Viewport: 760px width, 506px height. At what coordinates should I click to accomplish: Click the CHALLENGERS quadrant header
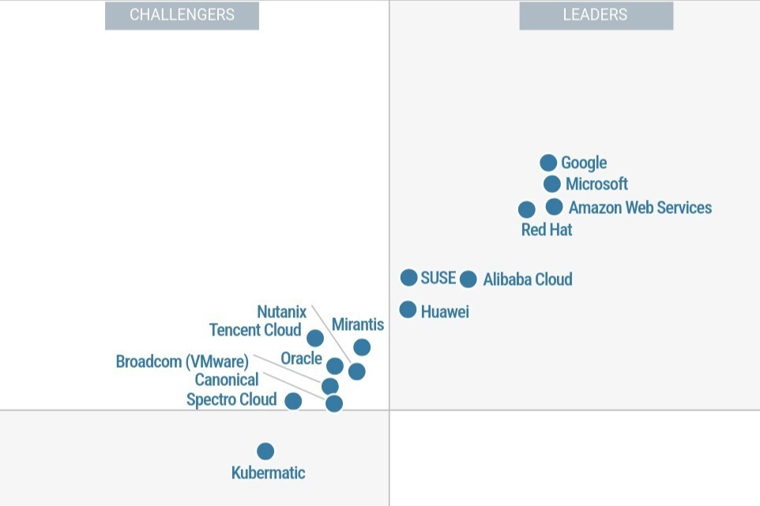click(x=182, y=15)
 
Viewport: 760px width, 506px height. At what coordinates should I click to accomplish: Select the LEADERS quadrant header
click(x=596, y=15)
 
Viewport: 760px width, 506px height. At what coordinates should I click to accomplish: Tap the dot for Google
click(x=548, y=163)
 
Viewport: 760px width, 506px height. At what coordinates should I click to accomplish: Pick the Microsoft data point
click(x=552, y=184)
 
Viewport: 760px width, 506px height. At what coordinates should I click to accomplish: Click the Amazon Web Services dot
click(x=555, y=207)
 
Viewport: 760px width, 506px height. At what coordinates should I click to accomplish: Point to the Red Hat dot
click(x=527, y=209)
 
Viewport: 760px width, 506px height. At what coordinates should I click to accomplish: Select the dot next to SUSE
click(x=408, y=277)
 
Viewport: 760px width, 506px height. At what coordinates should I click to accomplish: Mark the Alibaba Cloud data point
click(x=468, y=279)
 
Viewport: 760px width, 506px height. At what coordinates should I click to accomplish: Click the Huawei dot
click(x=408, y=309)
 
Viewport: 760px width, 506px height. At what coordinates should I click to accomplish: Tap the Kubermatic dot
click(x=265, y=451)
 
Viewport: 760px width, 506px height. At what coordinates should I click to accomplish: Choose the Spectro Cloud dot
click(x=293, y=401)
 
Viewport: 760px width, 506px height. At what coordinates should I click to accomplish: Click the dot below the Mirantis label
click(x=362, y=347)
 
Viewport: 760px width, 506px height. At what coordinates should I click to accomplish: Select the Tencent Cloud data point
click(x=315, y=338)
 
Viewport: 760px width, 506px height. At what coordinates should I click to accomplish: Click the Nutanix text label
click(x=281, y=312)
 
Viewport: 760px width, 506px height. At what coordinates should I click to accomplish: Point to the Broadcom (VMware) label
click(x=182, y=362)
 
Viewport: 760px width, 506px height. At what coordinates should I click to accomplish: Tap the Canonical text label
click(x=227, y=380)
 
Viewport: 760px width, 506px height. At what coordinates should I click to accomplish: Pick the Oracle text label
click(x=301, y=358)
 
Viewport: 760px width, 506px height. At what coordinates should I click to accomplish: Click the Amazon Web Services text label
click(x=640, y=208)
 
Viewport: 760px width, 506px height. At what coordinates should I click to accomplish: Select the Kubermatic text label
click(x=268, y=473)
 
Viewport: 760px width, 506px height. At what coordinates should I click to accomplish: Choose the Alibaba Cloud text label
click(x=527, y=279)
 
